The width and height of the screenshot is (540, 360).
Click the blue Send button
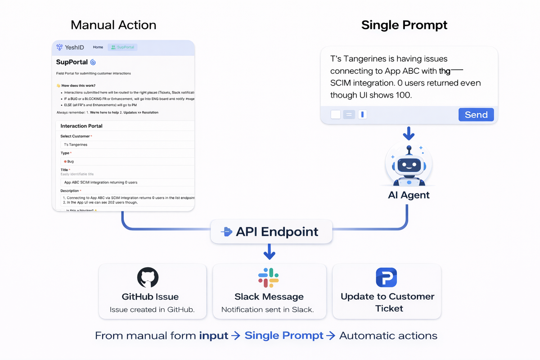click(x=476, y=115)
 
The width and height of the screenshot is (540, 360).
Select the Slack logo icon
click(x=269, y=278)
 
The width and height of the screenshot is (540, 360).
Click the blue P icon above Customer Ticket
click(x=386, y=278)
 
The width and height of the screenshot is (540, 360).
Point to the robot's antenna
click(x=409, y=148)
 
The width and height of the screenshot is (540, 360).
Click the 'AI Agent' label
click(x=409, y=195)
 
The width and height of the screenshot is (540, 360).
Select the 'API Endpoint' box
click(x=271, y=232)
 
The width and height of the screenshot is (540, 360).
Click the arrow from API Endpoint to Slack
click(x=269, y=252)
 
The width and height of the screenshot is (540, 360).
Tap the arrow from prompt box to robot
click(x=409, y=133)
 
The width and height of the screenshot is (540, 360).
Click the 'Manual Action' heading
click(x=113, y=25)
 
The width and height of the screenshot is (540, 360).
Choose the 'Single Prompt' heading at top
click(x=404, y=25)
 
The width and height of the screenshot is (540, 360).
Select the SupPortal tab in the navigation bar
click(x=122, y=47)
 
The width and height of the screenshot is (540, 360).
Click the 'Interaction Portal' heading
click(x=81, y=126)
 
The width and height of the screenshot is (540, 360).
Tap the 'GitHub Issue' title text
click(x=150, y=297)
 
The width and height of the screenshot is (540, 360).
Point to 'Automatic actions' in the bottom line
click(x=388, y=336)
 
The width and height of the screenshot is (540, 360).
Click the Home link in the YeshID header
click(x=98, y=47)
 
